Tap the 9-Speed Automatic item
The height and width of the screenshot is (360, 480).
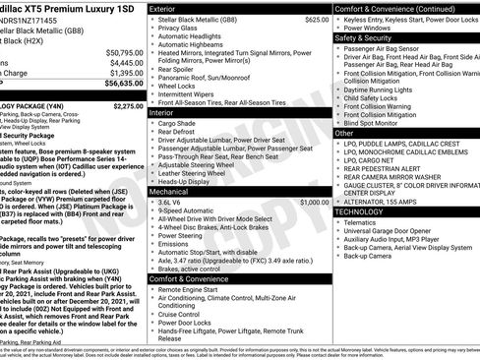pos(186,210)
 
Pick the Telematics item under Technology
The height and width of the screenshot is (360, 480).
pos(361,223)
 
